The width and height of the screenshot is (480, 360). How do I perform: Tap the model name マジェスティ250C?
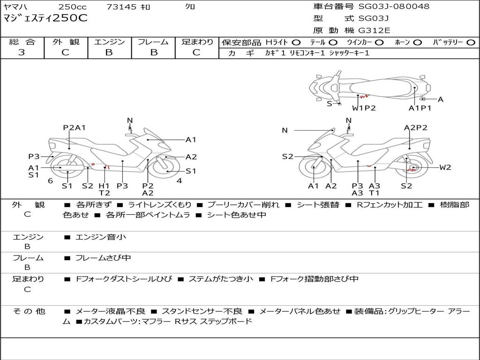point(45,19)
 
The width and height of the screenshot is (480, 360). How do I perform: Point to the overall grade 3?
point(22,52)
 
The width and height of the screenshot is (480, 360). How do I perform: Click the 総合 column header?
point(22,42)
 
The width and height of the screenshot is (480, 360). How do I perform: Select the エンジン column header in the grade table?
point(109,42)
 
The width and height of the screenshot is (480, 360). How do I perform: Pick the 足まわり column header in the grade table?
point(197,42)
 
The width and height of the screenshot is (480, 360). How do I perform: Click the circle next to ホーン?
point(417,43)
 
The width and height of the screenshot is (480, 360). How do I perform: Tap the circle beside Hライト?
point(296,43)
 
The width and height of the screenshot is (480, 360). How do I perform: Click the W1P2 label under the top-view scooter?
point(364,108)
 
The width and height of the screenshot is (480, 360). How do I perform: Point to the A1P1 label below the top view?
point(420,108)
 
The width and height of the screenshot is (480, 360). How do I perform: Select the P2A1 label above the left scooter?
point(75,127)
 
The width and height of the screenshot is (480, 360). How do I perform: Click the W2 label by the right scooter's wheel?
point(445,167)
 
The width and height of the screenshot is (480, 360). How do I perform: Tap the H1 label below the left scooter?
point(104,186)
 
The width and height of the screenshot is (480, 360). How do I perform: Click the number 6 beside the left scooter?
point(50,181)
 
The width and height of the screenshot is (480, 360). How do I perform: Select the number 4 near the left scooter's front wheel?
point(179,181)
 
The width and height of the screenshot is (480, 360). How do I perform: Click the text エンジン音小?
point(101,237)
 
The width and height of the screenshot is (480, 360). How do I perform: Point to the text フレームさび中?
point(103,258)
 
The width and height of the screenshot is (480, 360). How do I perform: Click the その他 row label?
point(28,311)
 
